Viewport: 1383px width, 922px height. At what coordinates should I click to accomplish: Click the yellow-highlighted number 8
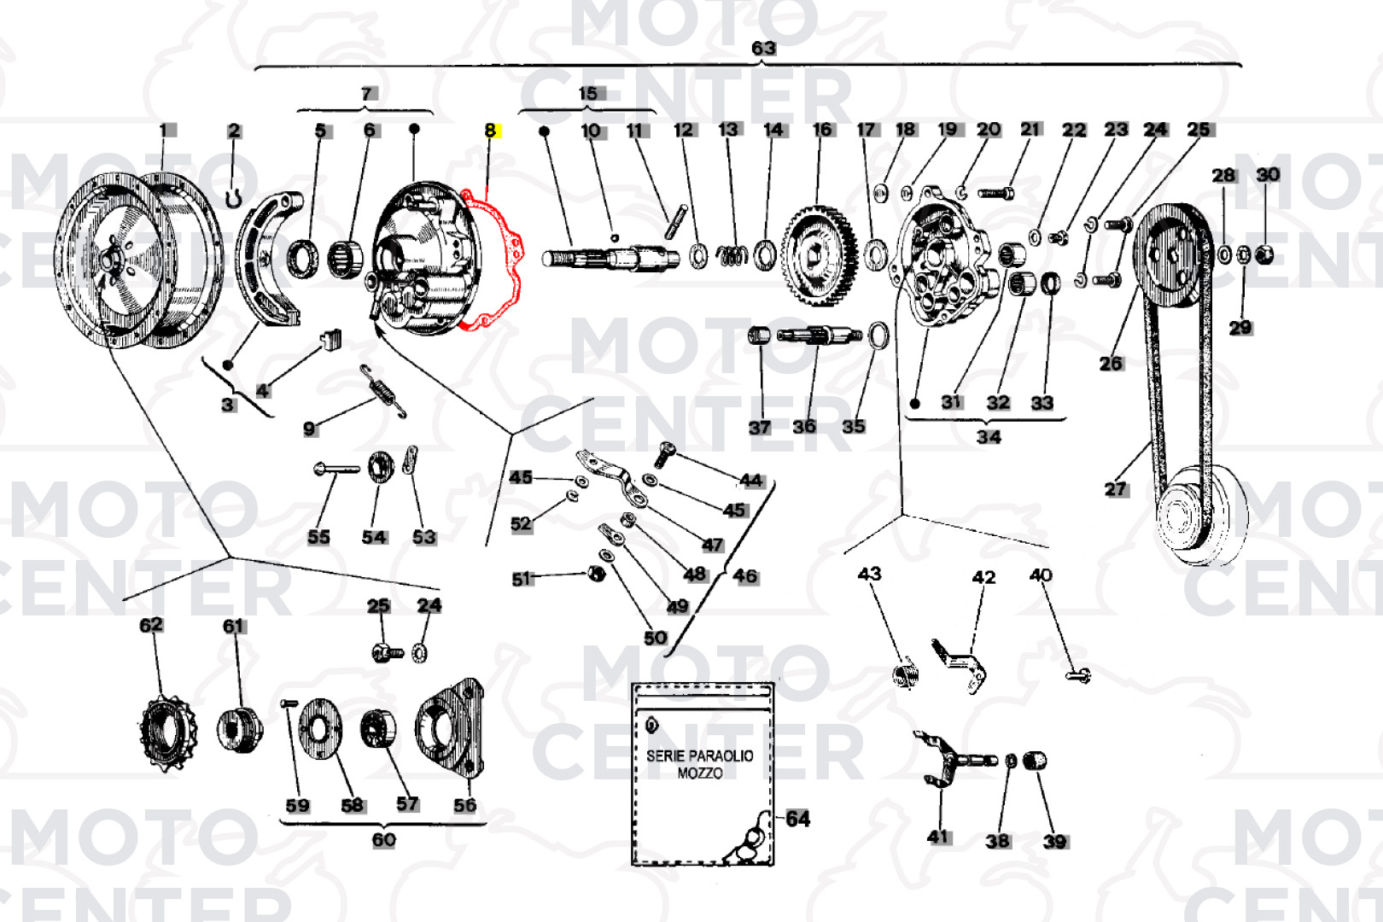(x=491, y=131)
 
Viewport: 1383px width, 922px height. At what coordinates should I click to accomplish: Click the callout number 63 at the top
(x=764, y=48)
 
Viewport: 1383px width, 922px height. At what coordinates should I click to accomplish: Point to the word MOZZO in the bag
(x=700, y=773)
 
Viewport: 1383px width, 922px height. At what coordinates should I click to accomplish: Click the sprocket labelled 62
(x=167, y=733)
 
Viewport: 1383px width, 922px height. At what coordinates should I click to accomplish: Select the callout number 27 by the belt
(x=1116, y=490)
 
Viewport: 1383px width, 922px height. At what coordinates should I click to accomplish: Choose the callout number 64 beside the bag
(x=797, y=819)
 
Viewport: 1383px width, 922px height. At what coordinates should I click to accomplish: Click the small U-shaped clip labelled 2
(x=233, y=198)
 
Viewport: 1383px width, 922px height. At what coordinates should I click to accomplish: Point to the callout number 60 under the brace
(x=383, y=840)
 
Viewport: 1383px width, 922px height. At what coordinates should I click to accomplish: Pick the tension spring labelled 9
(x=382, y=391)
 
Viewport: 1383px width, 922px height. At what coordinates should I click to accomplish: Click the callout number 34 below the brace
(x=989, y=437)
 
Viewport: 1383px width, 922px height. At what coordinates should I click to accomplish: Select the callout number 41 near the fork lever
(x=938, y=837)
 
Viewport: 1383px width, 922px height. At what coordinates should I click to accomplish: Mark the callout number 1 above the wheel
(x=164, y=131)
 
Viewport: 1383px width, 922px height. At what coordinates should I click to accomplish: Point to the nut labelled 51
(x=596, y=574)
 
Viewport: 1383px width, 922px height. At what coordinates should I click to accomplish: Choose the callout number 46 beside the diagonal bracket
(x=745, y=576)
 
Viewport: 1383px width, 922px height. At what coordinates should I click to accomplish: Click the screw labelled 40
(x=1079, y=676)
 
